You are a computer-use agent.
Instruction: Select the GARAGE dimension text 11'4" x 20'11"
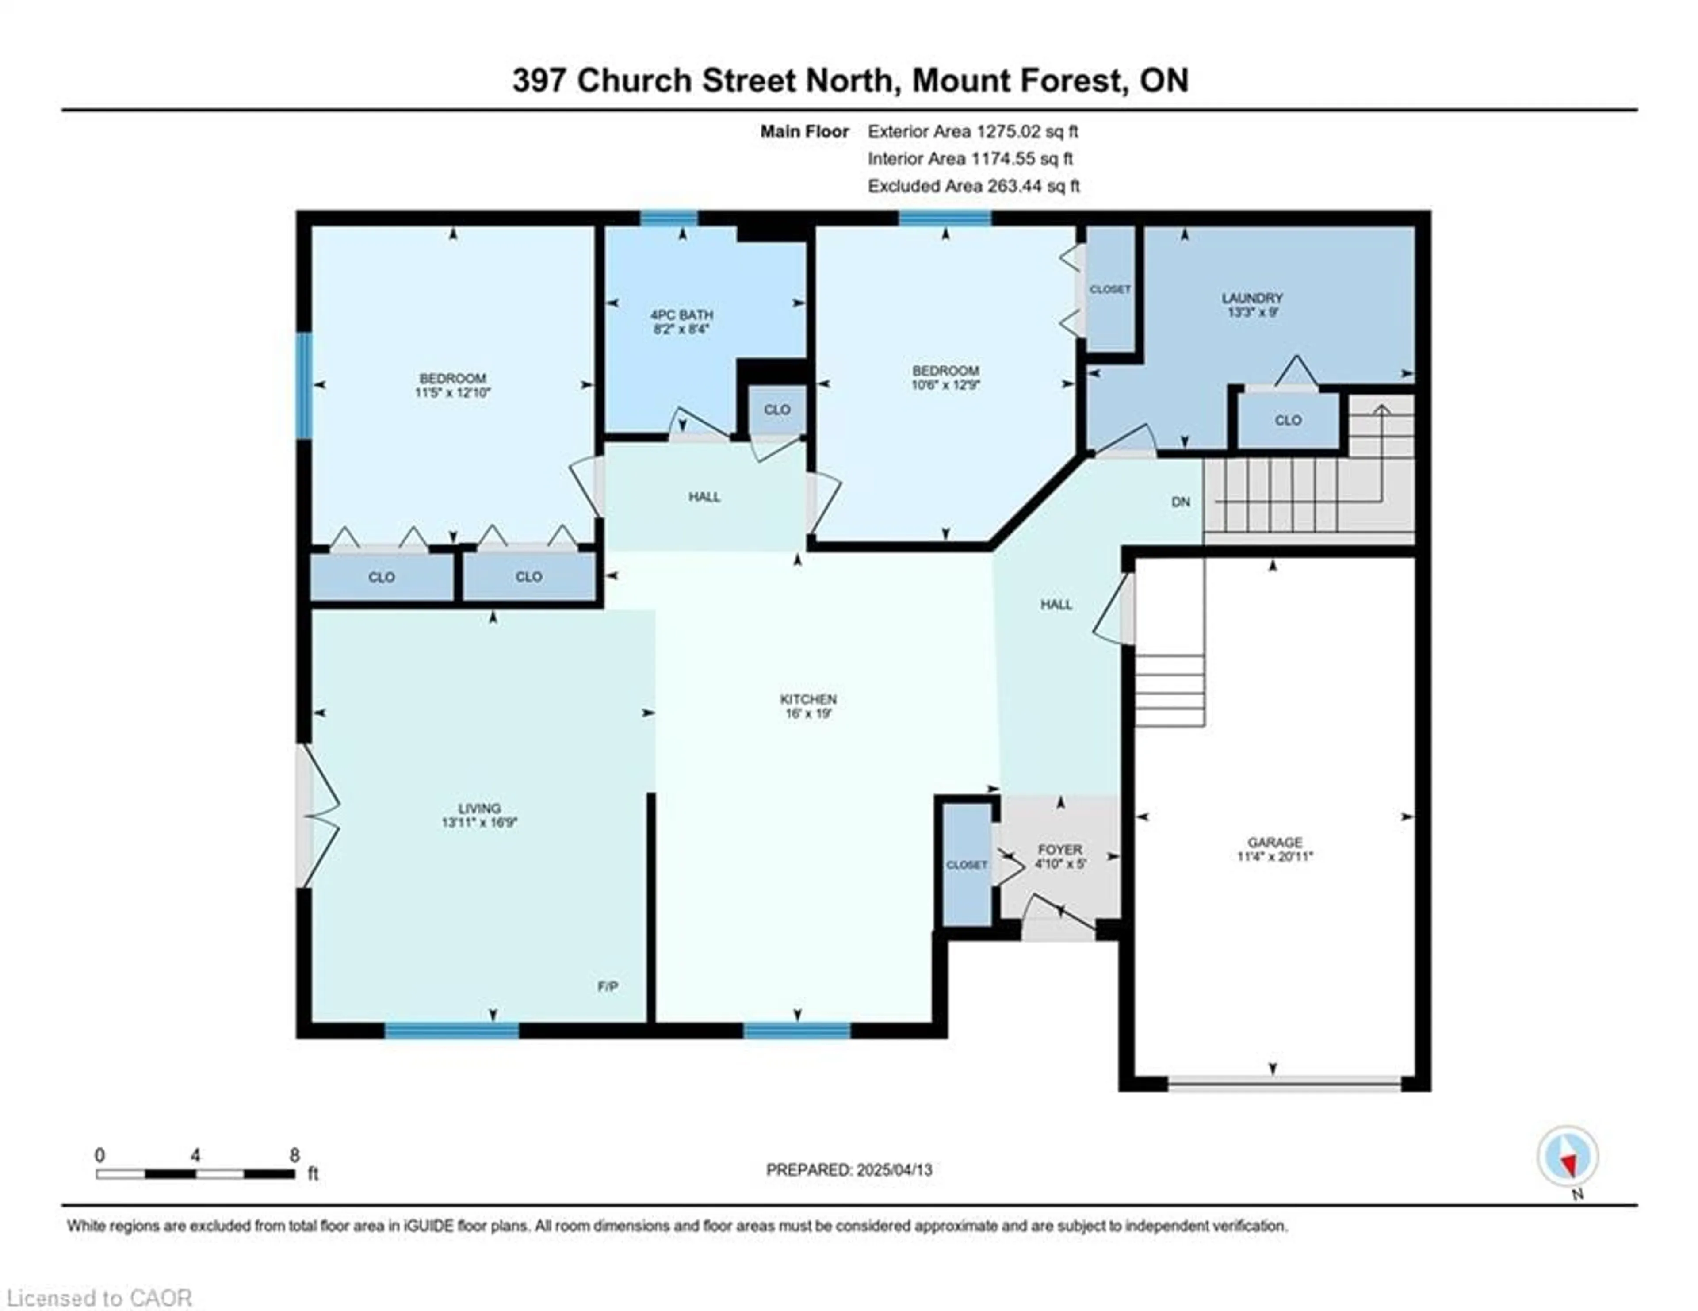click(1274, 857)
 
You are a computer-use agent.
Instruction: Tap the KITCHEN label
click(809, 699)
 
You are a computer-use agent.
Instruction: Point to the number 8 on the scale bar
click(294, 1155)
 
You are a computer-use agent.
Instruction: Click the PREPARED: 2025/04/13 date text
click(849, 1169)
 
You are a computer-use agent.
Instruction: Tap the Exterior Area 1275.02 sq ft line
click(973, 131)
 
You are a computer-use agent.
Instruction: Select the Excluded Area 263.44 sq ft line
click(973, 186)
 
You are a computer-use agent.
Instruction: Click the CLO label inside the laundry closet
click(1288, 420)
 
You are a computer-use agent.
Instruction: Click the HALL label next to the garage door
click(1056, 604)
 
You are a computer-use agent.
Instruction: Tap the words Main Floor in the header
click(804, 131)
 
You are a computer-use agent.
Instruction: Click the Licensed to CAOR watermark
click(99, 1298)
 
